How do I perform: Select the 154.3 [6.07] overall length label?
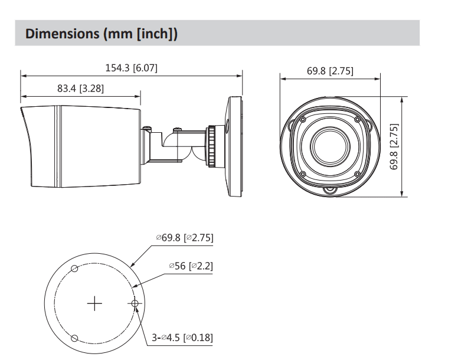131,68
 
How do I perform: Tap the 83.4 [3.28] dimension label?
81,88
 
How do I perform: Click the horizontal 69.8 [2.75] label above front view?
330,71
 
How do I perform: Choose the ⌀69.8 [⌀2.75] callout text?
184,237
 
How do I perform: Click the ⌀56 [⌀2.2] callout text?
191,266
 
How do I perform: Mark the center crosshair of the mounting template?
94,304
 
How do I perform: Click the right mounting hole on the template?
135,304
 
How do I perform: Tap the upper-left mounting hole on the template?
74,269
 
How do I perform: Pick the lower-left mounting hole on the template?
74,339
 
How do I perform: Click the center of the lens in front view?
330,146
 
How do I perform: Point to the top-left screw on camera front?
302,120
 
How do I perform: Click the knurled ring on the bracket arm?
211,145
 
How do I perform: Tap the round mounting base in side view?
234,146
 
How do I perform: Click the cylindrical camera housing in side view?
83,146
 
